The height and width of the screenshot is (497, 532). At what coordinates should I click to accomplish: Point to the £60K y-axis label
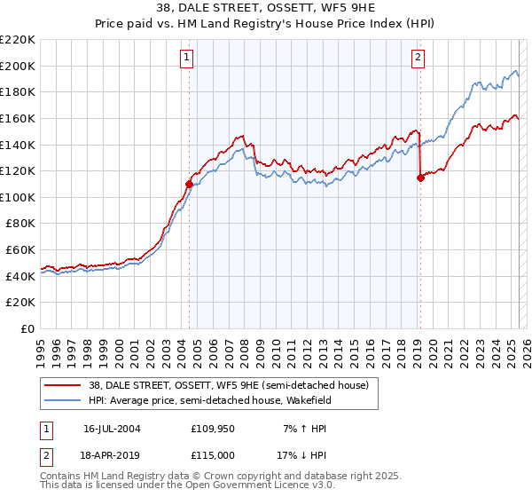[x=20, y=250]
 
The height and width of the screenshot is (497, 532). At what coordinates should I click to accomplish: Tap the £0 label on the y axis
[x=27, y=329]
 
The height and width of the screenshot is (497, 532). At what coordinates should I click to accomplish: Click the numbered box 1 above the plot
[x=188, y=59]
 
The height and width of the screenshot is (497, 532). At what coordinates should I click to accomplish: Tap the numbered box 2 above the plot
[x=418, y=59]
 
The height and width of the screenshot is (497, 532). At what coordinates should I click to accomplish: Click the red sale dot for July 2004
[x=189, y=185]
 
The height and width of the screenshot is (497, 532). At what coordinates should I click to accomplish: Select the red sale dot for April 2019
[x=420, y=177]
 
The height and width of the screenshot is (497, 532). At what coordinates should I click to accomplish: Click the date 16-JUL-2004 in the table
[x=112, y=428]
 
